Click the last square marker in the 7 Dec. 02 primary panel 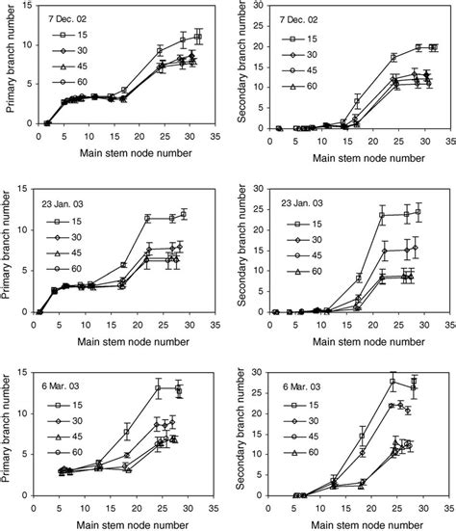click(x=198, y=37)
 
